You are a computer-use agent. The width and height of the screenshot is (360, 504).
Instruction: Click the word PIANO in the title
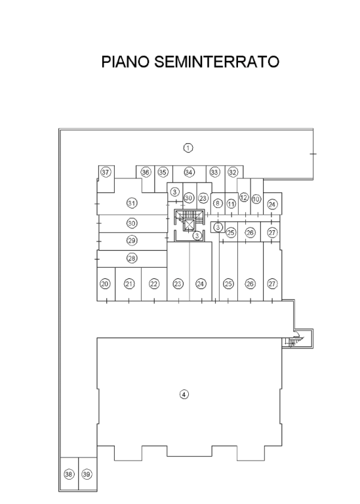(125, 62)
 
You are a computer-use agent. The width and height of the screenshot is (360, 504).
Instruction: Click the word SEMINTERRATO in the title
(217, 62)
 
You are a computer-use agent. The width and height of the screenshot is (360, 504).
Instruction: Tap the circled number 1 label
(188, 148)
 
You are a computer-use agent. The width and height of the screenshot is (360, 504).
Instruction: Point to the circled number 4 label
(184, 394)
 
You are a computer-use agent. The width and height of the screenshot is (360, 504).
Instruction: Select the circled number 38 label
(69, 474)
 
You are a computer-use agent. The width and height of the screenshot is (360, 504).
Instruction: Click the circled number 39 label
(87, 474)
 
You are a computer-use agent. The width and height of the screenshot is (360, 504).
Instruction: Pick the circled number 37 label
(106, 173)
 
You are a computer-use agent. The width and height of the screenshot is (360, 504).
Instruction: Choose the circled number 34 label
(189, 173)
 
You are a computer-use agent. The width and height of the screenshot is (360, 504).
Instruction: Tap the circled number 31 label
(132, 203)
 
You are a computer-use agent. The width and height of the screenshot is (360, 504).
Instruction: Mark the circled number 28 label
(132, 258)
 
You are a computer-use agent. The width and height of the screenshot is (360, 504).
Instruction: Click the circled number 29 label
(132, 240)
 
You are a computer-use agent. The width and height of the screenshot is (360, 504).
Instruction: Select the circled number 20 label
(105, 283)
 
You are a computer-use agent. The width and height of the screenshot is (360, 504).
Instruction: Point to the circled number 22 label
(154, 283)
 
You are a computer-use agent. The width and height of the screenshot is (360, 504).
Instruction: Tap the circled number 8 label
(218, 203)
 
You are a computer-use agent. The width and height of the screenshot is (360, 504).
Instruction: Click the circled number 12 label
(244, 198)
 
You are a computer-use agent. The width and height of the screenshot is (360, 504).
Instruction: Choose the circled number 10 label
(256, 199)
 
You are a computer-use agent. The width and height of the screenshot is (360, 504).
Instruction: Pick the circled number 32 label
(233, 173)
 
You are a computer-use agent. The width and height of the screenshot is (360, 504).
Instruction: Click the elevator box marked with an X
(189, 226)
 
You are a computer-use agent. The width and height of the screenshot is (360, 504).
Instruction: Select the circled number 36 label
(146, 173)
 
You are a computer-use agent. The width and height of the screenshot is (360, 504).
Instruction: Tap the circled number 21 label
(129, 283)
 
